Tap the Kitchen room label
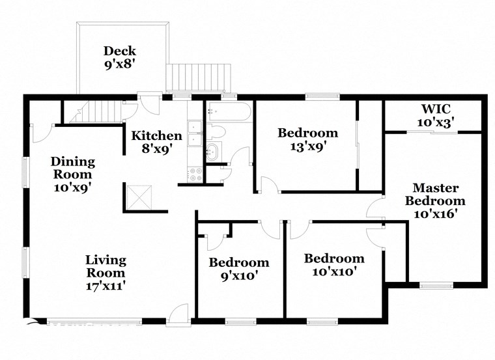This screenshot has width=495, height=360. pyautogui.click(x=157, y=136)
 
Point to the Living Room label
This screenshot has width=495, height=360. pyautogui.click(x=106, y=266)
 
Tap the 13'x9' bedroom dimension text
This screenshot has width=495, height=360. pyautogui.click(x=308, y=146)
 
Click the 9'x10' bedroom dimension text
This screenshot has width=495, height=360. pyautogui.click(x=238, y=275)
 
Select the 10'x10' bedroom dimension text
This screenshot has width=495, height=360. pyautogui.click(x=334, y=271)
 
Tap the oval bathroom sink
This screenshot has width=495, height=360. pyautogui.click(x=214, y=153)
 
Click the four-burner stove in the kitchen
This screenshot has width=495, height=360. pyautogui.click(x=195, y=174)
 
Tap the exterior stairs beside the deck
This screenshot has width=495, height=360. pyautogui.click(x=199, y=77)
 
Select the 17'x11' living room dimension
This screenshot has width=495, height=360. pyautogui.click(x=106, y=285)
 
